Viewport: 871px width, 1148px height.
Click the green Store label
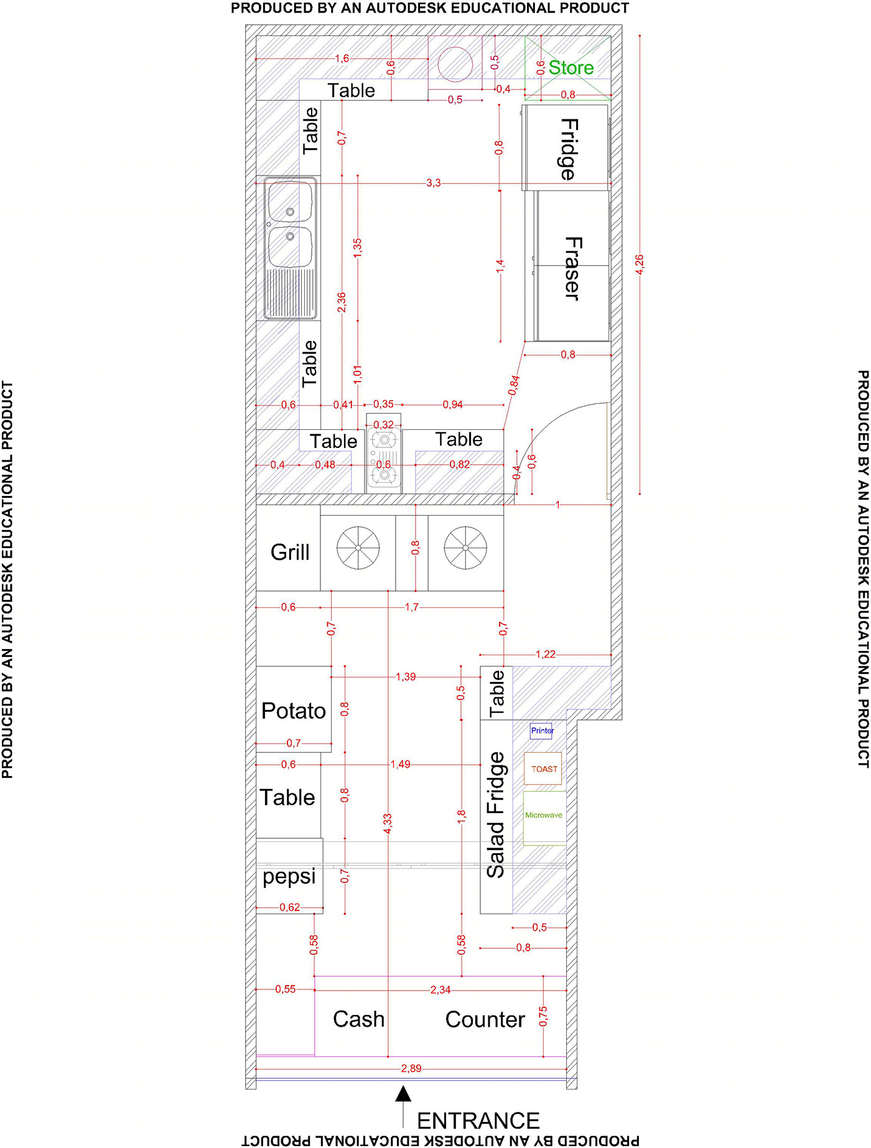point(571,68)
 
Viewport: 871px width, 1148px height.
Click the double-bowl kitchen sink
point(290,248)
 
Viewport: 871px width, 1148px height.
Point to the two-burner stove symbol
point(384,457)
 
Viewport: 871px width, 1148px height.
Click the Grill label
point(290,552)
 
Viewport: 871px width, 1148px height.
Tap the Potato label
point(294,711)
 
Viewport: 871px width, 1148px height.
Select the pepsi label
point(289,877)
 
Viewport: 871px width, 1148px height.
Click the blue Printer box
point(541,730)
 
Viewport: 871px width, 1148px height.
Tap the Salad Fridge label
point(496,815)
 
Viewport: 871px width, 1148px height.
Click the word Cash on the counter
point(358,1019)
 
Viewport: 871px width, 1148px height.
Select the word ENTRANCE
point(478,1121)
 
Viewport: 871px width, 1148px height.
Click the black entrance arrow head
point(404,1093)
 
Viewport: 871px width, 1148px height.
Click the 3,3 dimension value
point(434,183)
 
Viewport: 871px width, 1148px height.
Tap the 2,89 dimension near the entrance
point(411,1068)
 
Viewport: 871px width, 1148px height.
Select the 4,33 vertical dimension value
point(388,824)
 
